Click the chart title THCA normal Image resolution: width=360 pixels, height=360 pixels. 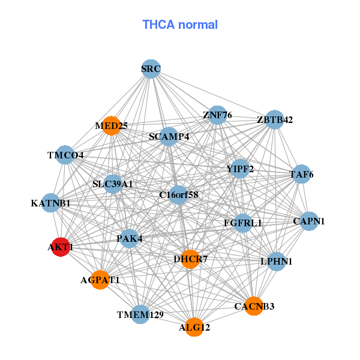click(180, 25)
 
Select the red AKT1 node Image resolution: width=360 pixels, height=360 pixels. click(60, 247)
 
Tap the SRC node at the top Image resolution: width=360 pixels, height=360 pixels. click(151, 69)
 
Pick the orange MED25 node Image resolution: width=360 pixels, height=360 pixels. click(112, 125)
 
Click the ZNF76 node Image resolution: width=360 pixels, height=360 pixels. click(217, 115)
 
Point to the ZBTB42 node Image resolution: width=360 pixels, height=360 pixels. click(274, 119)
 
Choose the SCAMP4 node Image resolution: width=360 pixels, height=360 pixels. click(169, 137)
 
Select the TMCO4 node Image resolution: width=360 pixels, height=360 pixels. click(65, 155)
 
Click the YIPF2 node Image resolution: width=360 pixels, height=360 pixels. click(240, 169)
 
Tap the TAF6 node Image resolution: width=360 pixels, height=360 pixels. click(301, 175)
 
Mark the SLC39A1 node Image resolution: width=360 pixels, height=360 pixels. click(113, 184)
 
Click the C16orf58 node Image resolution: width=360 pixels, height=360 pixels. click(179, 194)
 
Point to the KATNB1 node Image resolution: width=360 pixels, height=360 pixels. click(51, 203)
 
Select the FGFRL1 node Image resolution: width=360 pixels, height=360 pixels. click(242, 223)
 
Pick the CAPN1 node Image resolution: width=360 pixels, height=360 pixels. click(308, 221)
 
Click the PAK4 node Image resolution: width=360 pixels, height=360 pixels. click(130, 239)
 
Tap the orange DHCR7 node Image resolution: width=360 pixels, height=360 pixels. click(190, 259)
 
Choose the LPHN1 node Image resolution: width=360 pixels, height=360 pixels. click(276, 262)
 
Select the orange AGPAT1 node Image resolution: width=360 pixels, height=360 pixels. click(100, 280)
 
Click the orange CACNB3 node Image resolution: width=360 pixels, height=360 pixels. click(254, 307)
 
